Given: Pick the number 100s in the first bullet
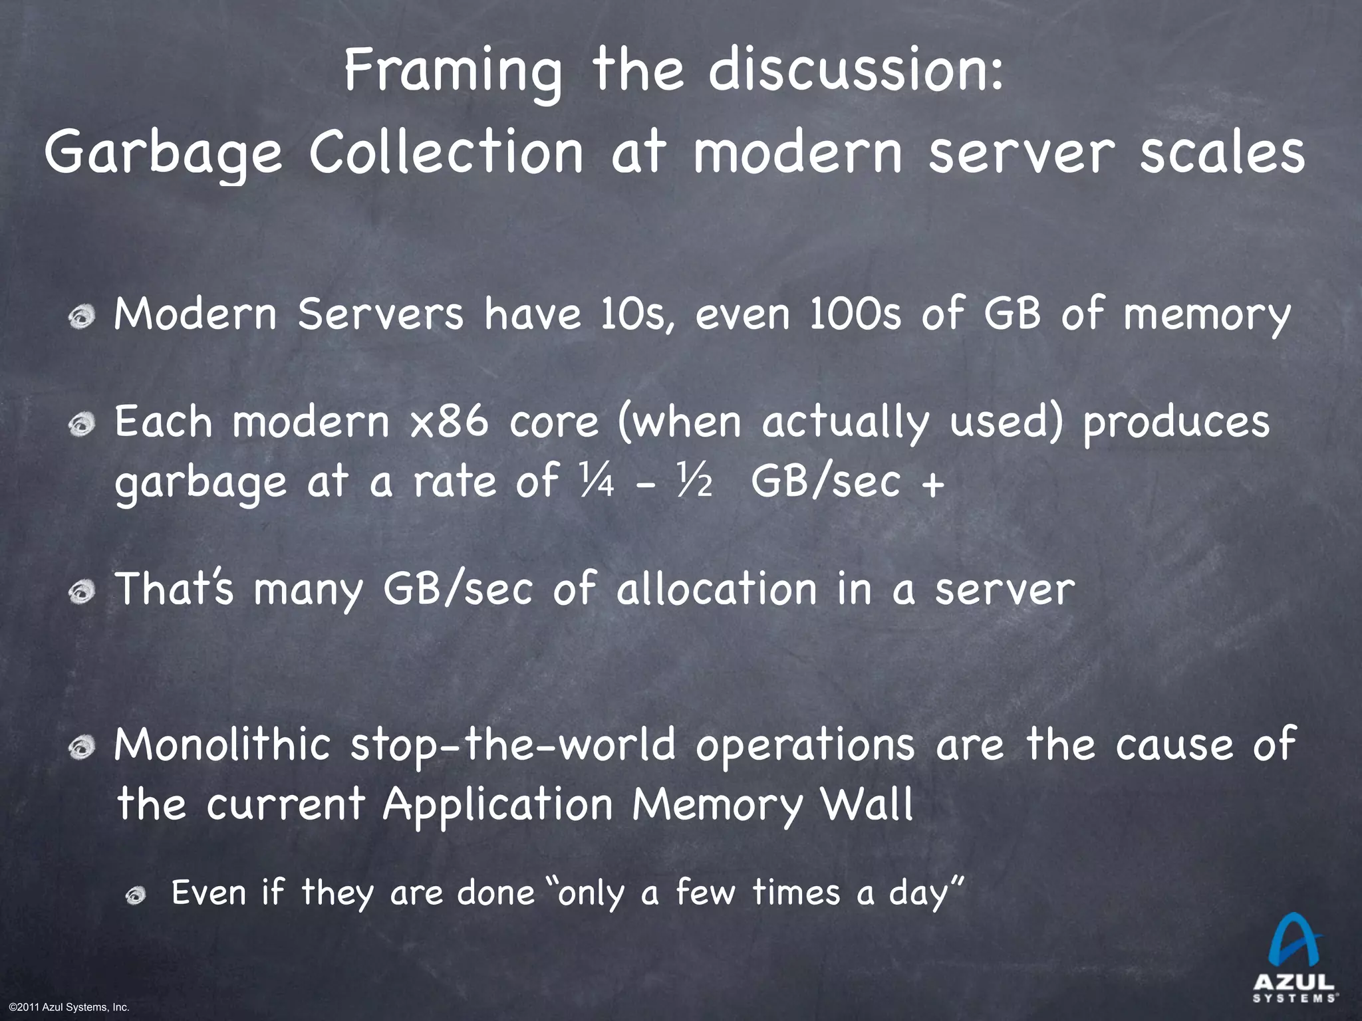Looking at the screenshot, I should (855, 314).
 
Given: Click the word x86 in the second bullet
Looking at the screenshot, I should (449, 422).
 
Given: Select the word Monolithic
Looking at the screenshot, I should (222, 744).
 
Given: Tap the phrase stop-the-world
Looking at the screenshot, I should (513, 744).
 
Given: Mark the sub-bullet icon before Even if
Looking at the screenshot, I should (136, 897).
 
